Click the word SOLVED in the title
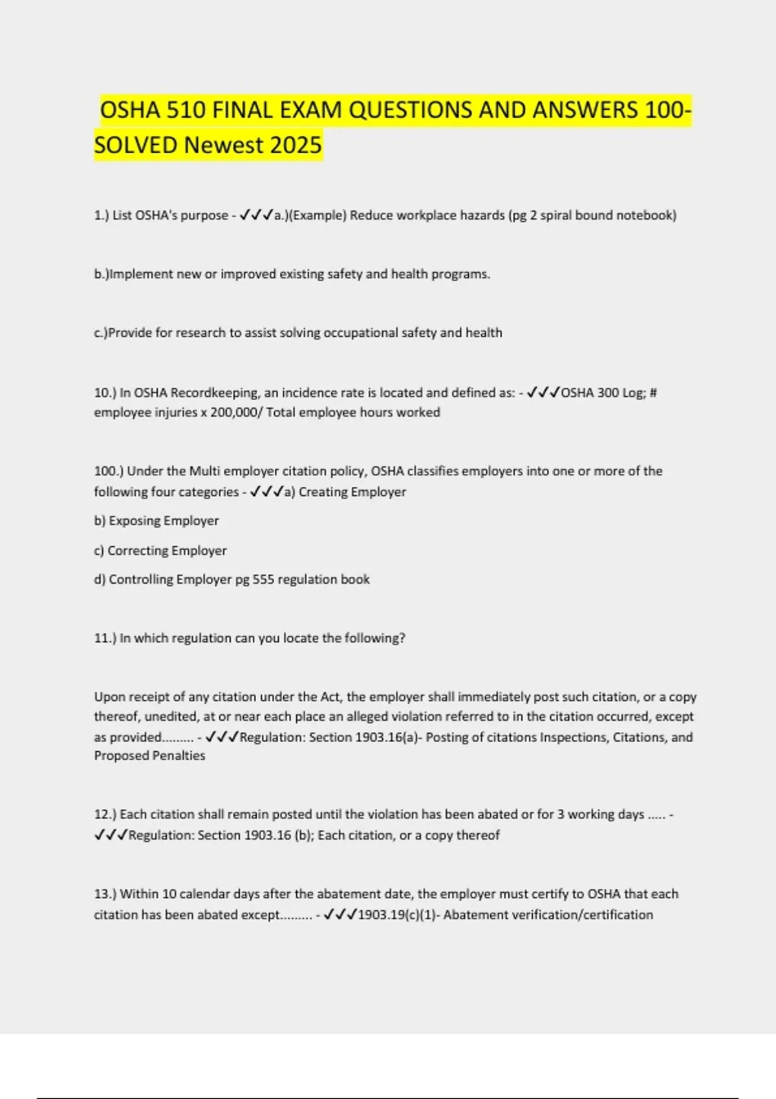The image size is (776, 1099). pyautogui.click(x=136, y=145)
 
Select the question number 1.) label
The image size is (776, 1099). pyautogui.click(x=102, y=215)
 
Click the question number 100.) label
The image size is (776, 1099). pyautogui.click(x=107, y=471)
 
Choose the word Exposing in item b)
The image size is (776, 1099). pyautogui.click(x=135, y=521)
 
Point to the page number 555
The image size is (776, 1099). pyautogui.click(x=263, y=580)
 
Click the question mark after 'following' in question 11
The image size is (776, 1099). pyautogui.click(x=402, y=638)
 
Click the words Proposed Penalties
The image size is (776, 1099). pyautogui.click(x=149, y=756)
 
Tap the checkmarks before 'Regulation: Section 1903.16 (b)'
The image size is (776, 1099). pyautogui.click(x=111, y=835)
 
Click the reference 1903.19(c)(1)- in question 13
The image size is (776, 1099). pyautogui.click(x=398, y=915)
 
